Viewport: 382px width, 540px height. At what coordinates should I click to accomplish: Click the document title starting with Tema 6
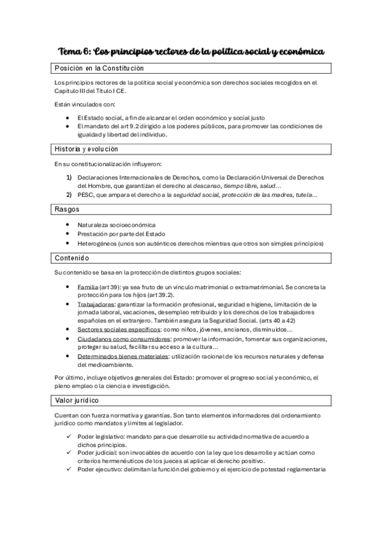coord(191,50)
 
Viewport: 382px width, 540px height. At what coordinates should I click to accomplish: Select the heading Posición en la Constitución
coord(99,68)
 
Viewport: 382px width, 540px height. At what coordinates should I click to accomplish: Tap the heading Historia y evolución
coord(87,149)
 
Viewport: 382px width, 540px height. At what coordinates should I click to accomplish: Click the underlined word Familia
coord(88,288)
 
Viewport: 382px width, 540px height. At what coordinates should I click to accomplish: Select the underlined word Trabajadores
coord(94,305)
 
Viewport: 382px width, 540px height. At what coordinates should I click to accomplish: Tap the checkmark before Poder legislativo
coord(70,436)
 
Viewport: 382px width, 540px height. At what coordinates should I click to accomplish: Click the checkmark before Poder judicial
coord(70,453)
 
